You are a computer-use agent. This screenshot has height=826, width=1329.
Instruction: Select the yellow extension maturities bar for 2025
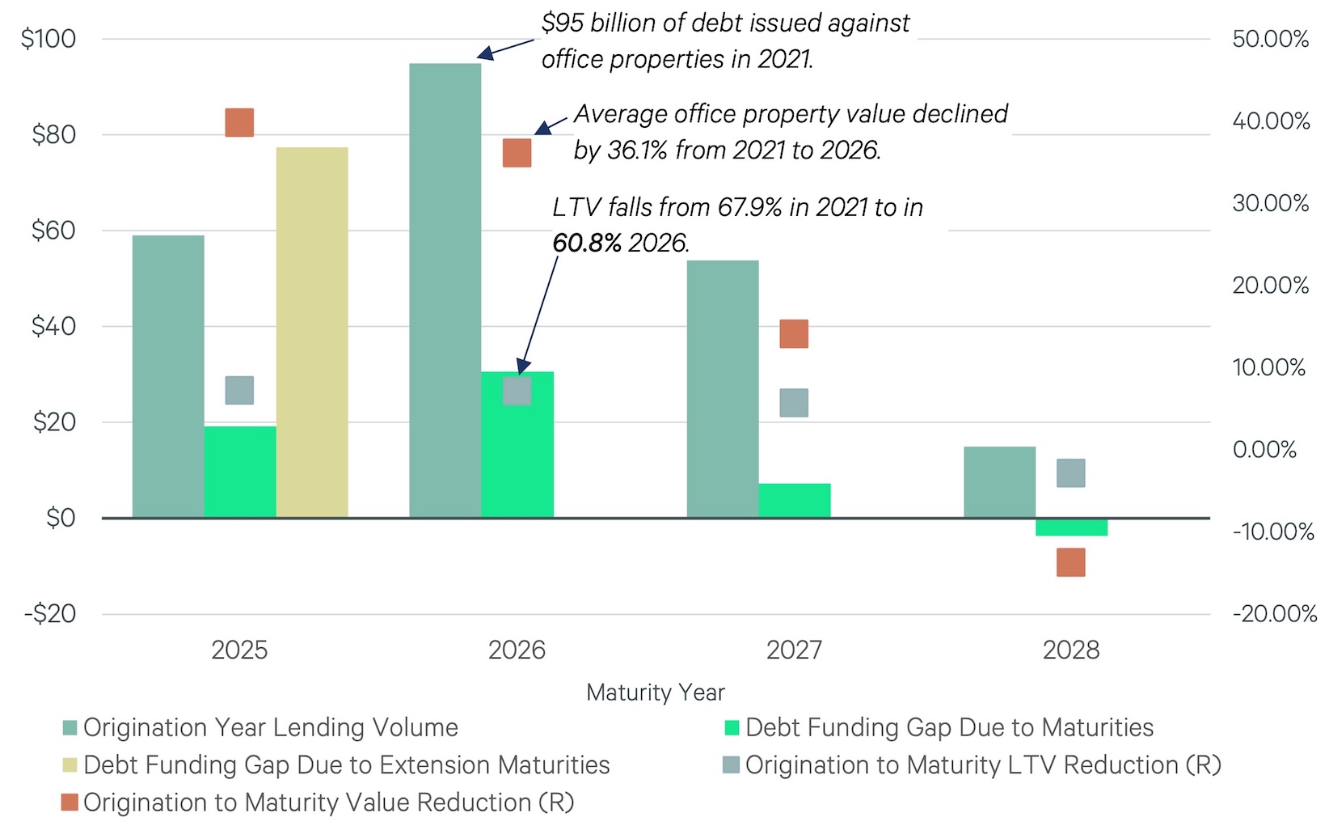click(x=312, y=332)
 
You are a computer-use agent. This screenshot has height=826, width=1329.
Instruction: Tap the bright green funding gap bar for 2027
click(x=794, y=500)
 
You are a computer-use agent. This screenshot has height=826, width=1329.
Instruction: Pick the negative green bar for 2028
click(x=1071, y=527)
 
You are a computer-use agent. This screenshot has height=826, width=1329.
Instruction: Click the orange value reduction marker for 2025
click(x=239, y=122)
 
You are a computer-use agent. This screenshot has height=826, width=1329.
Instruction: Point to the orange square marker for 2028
click(x=1071, y=562)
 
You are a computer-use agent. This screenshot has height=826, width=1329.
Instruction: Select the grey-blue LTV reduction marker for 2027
click(x=794, y=403)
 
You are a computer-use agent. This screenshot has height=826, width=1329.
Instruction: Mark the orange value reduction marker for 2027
click(x=794, y=333)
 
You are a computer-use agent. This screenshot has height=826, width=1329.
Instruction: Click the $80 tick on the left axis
click(x=53, y=134)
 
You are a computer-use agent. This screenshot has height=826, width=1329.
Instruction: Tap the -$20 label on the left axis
click(x=50, y=614)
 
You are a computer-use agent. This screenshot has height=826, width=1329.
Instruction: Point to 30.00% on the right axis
click(x=1270, y=203)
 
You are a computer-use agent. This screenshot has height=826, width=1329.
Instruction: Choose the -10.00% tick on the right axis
click(x=1273, y=532)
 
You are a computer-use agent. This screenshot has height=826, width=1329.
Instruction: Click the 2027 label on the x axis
click(x=794, y=650)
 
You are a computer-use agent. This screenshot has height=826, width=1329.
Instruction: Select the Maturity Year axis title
click(x=656, y=693)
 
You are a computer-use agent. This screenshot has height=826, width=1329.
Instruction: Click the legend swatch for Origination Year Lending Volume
click(x=70, y=728)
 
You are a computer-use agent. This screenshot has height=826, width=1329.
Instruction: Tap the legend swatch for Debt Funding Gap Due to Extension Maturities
click(x=70, y=765)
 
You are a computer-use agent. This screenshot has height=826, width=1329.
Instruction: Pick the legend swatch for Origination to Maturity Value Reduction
click(x=70, y=803)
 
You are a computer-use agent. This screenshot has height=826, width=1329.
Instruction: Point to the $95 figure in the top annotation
click(x=562, y=23)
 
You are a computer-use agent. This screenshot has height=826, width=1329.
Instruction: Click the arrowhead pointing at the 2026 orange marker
click(x=539, y=130)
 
